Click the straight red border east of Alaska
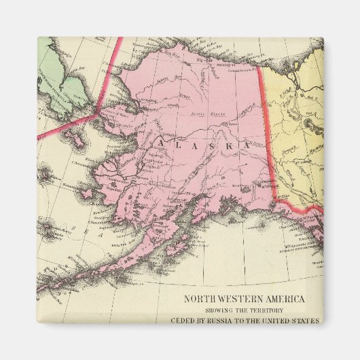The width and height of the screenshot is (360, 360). coord(268,136)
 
